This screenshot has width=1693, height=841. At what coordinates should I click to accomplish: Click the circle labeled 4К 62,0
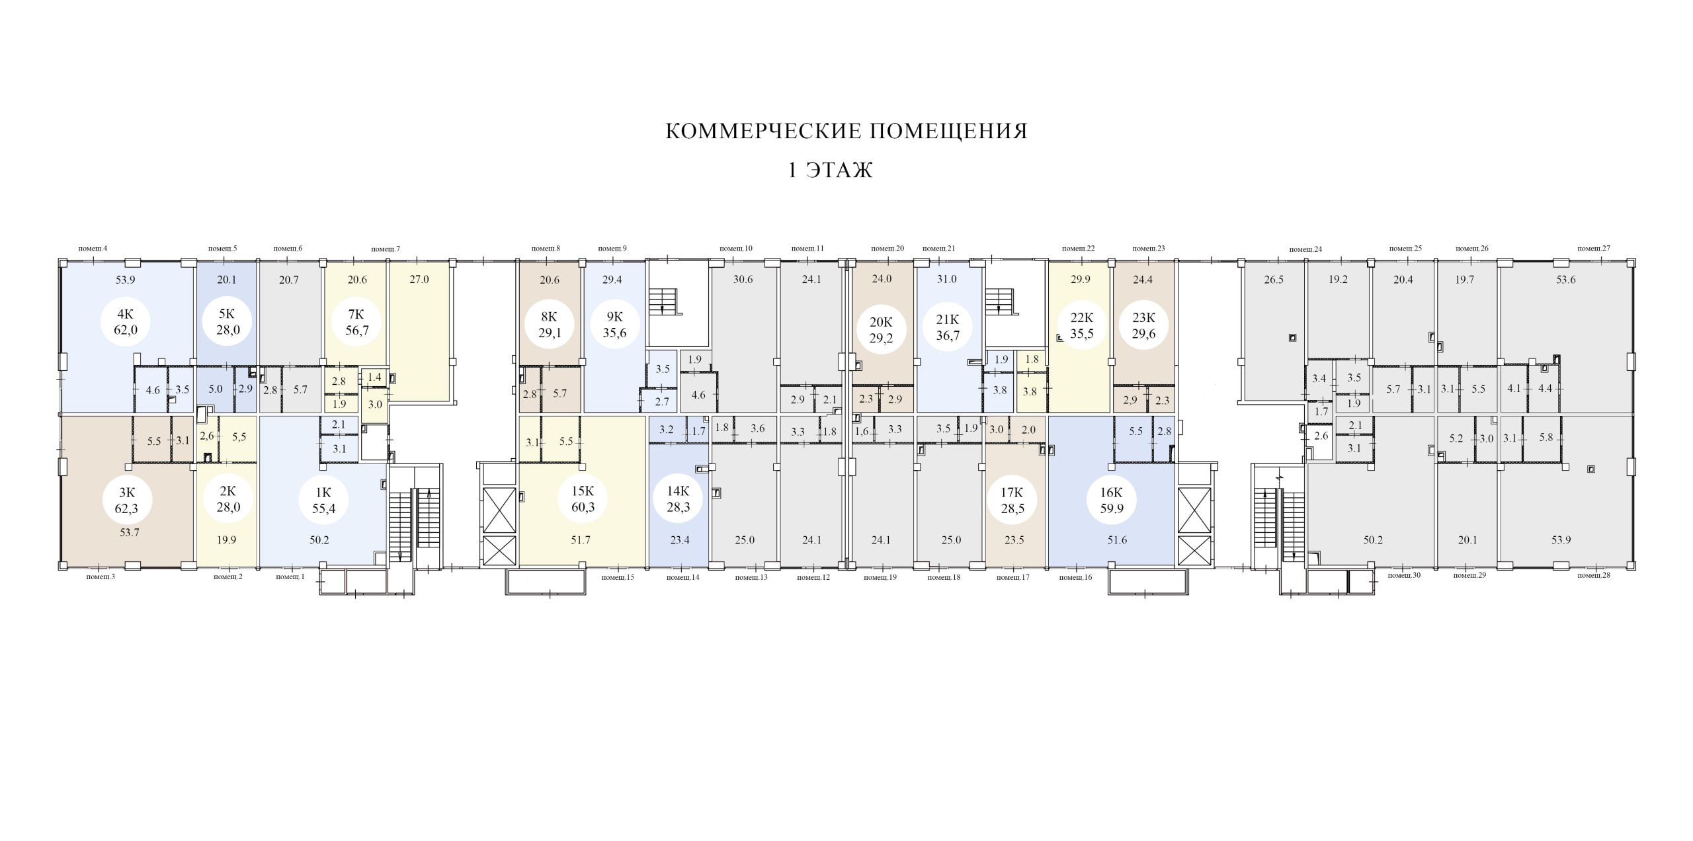126,323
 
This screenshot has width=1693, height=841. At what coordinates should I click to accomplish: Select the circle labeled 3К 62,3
127,501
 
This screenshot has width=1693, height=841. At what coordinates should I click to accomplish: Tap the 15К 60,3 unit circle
583,500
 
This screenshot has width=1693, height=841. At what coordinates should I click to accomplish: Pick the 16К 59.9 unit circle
1111,501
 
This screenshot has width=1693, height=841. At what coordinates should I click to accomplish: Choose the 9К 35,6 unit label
614,325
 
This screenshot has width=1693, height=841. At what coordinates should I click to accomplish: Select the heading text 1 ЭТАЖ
831,171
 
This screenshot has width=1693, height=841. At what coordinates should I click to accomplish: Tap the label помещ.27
1594,249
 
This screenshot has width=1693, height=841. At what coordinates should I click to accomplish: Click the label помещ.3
101,577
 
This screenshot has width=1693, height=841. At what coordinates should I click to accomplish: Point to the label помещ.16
1075,577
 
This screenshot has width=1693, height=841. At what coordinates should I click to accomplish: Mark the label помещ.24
1305,249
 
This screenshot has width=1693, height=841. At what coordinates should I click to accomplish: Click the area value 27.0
419,279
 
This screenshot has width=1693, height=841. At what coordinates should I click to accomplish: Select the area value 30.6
743,279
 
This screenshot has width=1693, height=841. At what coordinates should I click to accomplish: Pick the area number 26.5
1274,280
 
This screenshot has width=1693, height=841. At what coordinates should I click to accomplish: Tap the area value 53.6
1566,280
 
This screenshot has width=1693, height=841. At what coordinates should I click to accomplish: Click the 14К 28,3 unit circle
679,500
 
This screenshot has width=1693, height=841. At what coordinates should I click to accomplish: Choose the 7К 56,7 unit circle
357,323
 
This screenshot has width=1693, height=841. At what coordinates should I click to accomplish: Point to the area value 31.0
946,279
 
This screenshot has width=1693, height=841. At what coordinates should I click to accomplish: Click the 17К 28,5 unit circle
1012,501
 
